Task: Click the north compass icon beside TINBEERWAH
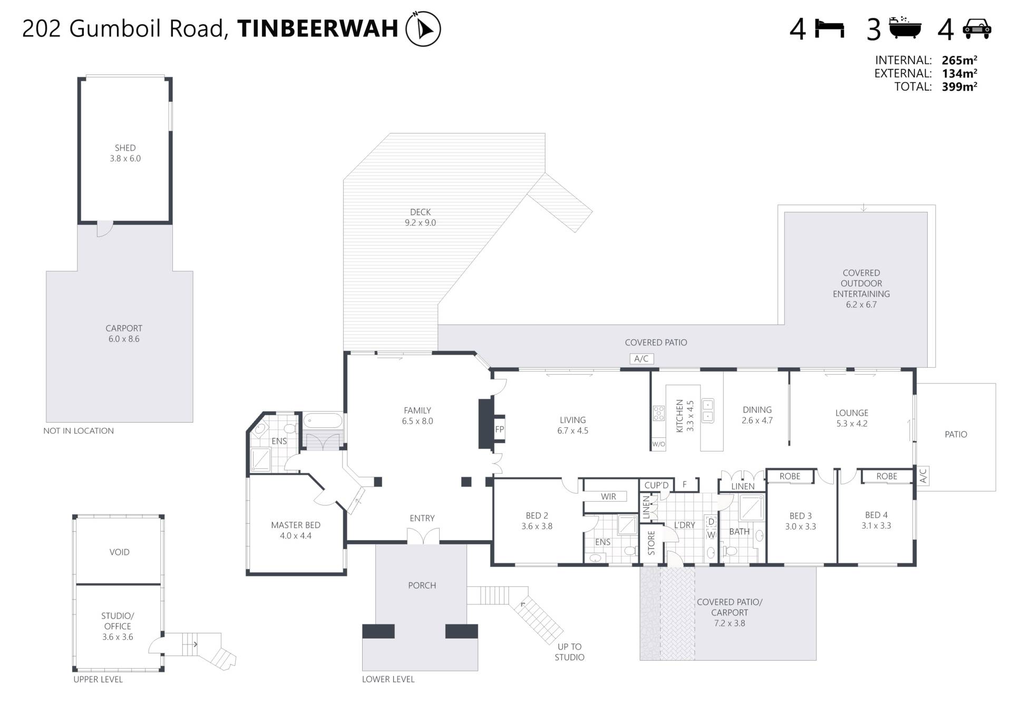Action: click(423, 28)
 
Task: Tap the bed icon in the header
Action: click(830, 28)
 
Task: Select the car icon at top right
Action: click(977, 28)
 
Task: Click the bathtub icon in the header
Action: click(905, 28)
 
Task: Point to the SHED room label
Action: click(125, 148)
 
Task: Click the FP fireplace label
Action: click(500, 429)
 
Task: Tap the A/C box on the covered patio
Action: click(641, 359)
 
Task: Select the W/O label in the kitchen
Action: click(659, 444)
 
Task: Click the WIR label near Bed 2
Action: click(608, 496)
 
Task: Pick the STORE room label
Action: click(651, 543)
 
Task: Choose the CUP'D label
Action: click(656, 485)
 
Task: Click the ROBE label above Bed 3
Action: click(790, 476)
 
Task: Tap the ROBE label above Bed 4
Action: click(887, 476)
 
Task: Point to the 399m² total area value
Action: click(959, 86)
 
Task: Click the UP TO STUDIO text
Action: click(569, 652)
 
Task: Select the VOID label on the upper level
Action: click(119, 552)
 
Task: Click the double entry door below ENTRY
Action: click(423, 536)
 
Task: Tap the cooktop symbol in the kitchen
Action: click(659, 413)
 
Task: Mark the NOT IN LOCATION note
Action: click(79, 430)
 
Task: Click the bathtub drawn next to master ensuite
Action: click(323, 421)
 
